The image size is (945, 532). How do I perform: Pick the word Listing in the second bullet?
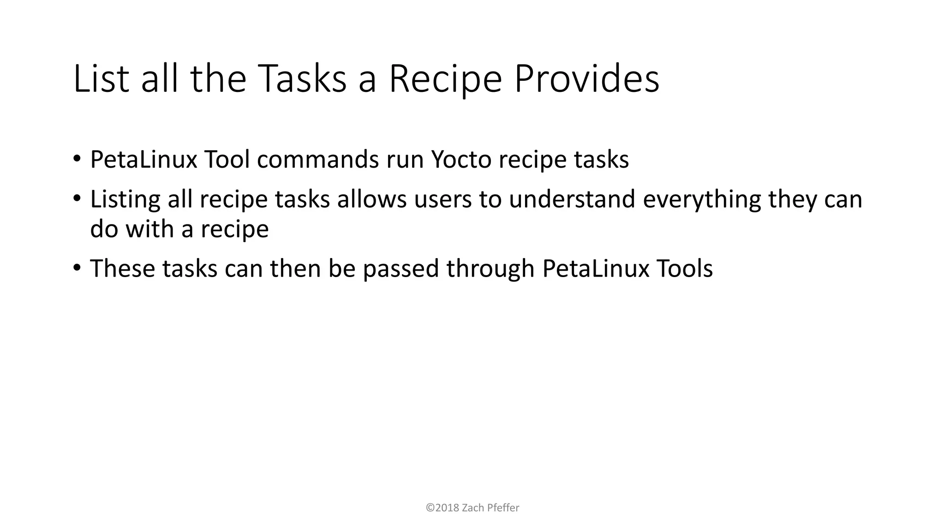click(x=125, y=199)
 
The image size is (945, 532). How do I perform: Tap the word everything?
click(x=701, y=199)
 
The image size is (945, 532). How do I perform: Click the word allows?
click(x=372, y=199)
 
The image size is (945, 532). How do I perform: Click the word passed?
click(x=401, y=269)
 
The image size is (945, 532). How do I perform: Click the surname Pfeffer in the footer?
click(x=503, y=508)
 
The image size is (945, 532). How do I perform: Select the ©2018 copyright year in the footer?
click(x=443, y=508)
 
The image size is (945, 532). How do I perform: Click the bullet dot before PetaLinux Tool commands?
click(x=77, y=159)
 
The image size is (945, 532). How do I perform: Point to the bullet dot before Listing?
click(x=77, y=199)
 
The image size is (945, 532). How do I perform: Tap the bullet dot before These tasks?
click(x=77, y=268)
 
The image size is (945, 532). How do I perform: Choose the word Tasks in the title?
click(x=303, y=79)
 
